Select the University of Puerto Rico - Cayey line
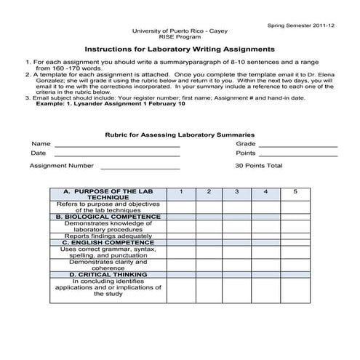click(180, 32)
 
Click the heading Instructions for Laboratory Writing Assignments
click(180, 49)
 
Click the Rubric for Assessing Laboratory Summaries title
click(180, 135)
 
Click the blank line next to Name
click(116, 145)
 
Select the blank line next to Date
click(116, 155)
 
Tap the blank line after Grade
click(298, 145)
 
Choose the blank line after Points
click(298, 155)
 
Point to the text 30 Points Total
click(258, 166)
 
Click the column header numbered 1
click(181, 191)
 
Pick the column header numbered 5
click(295, 191)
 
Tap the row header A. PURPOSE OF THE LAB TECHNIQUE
click(108, 194)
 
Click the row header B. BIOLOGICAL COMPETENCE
click(108, 217)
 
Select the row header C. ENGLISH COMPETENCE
click(108, 242)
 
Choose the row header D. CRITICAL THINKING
click(108, 274)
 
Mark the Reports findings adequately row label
click(108, 236)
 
